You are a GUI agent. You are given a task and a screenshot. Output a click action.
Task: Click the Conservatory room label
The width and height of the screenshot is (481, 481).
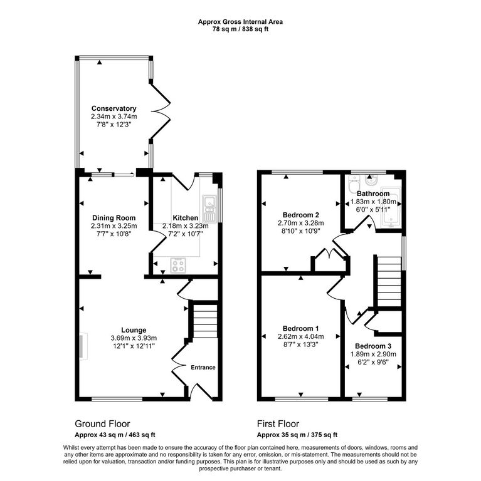[x=114, y=108]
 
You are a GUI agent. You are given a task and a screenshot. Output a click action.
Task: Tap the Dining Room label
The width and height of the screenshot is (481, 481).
[x=114, y=218]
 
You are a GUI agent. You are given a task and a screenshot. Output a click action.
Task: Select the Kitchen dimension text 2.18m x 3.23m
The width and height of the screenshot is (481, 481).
[x=186, y=226]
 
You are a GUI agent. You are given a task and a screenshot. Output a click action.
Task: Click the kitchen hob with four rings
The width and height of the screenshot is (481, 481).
[x=178, y=265]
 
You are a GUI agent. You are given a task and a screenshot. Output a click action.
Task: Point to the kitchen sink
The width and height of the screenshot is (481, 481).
[x=209, y=209]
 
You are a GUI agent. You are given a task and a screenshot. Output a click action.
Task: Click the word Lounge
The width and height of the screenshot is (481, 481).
[x=134, y=330]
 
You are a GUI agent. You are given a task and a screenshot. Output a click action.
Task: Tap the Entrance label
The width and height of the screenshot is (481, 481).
[x=203, y=368]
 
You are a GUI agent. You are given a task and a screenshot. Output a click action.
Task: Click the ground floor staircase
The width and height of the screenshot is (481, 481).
[x=205, y=321]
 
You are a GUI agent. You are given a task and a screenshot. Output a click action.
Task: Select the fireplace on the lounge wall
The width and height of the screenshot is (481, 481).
[x=83, y=346]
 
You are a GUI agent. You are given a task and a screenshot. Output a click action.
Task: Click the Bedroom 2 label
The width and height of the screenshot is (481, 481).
[x=300, y=215]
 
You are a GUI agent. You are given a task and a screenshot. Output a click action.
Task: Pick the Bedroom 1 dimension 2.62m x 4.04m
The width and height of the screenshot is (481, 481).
[x=300, y=336]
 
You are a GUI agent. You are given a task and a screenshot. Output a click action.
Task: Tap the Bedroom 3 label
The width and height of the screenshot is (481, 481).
[x=373, y=346]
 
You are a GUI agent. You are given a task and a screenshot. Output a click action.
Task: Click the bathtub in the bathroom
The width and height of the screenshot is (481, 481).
[x=391, y=207]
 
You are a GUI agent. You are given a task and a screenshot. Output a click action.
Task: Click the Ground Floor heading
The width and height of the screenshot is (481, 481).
[x=102, y=424]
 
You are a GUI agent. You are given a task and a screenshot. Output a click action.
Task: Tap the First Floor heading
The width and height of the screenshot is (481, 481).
[x=278, y=424]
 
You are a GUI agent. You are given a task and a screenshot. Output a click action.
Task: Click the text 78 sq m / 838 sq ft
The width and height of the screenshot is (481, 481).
[x=240, y=29]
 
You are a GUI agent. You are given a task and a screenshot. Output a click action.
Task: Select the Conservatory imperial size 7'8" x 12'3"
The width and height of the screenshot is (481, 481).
[x=114, y=125]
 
